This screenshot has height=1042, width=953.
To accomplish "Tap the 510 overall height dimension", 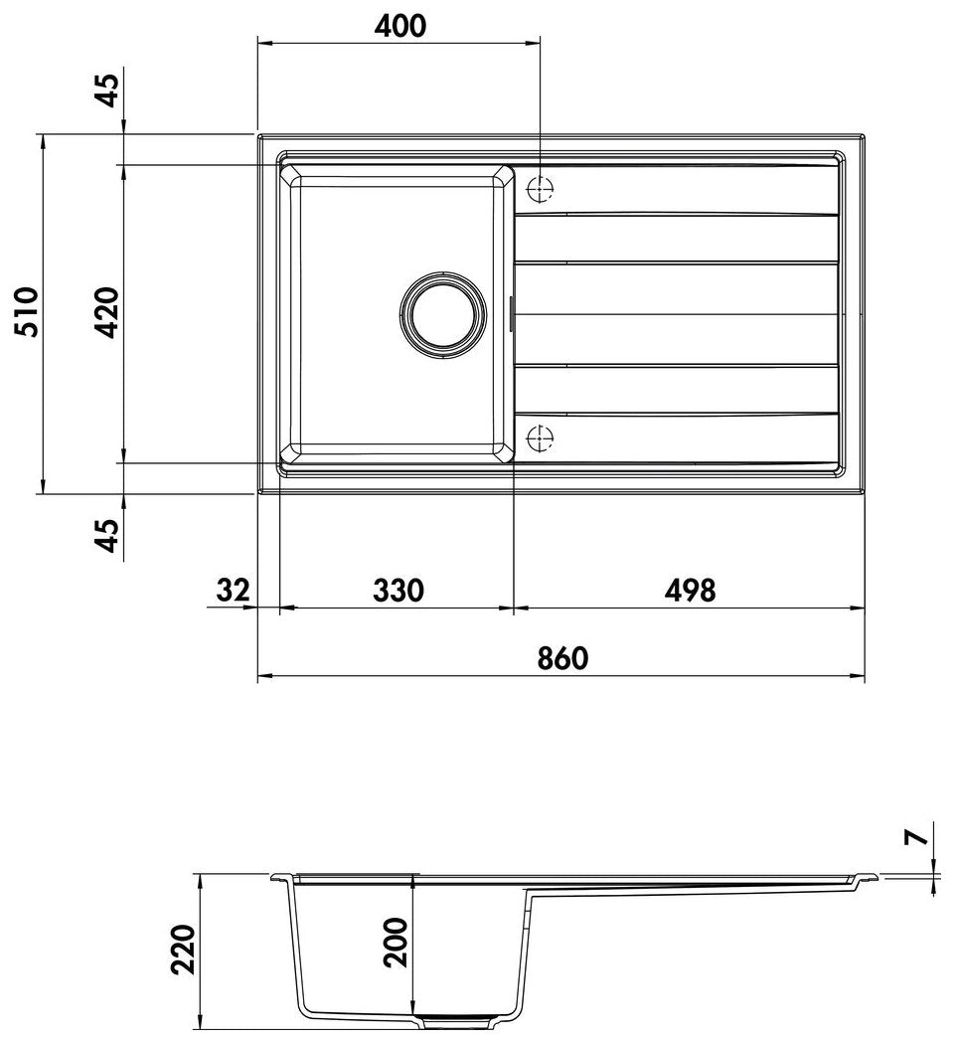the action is coord(28,311).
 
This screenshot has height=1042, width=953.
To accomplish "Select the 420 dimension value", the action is coord(106,311).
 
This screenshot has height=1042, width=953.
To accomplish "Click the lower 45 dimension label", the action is coord(107,535).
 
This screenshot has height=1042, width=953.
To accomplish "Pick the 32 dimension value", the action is coord(234,590).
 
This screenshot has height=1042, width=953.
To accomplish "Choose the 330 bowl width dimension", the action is coord(397,590).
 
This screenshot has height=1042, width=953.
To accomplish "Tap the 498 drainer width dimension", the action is coord(690,590).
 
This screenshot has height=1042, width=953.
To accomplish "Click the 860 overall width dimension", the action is coord(562,657).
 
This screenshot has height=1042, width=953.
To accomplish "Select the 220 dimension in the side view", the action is coord(183,949).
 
